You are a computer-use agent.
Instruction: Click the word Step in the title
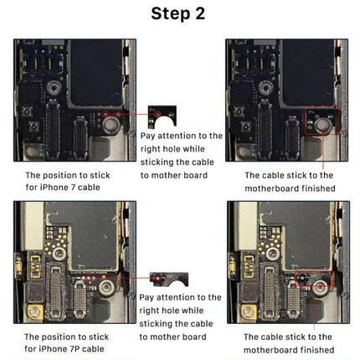pos(168,14)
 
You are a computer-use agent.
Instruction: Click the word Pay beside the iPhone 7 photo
pos(149,136)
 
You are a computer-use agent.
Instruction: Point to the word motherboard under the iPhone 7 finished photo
pos(276,188)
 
